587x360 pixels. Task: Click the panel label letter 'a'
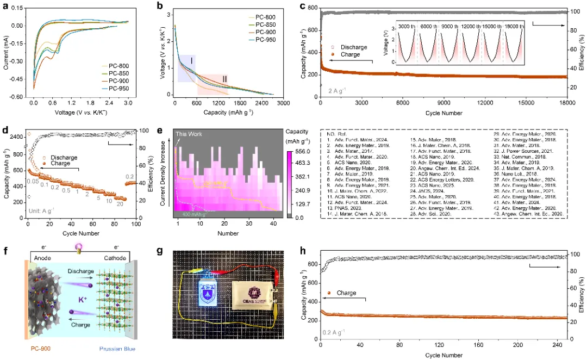coord(5,7)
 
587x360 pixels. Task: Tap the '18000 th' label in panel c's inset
coord(514,26)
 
